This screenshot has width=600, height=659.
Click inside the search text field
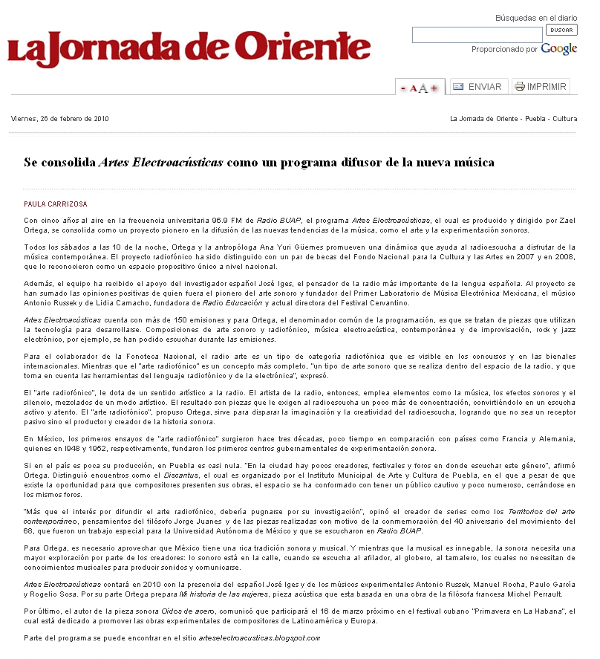tap(477, 35)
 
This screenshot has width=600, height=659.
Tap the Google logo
tap(558, 49)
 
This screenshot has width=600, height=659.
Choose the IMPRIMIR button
tap(541, 87)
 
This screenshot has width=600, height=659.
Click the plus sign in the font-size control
tap(434, 88)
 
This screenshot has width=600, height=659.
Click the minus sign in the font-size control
tap(403, 88)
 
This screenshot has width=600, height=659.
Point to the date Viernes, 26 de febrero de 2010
tap(59, 119)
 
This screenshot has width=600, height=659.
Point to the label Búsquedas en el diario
tap(536, 18)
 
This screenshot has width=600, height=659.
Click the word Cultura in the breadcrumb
tap(564, 119)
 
